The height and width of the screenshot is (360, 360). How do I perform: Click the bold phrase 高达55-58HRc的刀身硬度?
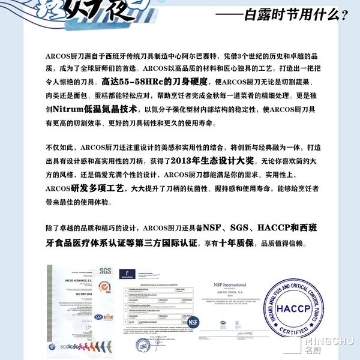coord(143,80)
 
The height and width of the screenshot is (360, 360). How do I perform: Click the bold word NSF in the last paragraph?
coord(214,229)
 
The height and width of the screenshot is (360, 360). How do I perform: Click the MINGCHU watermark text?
coord(332,342)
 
